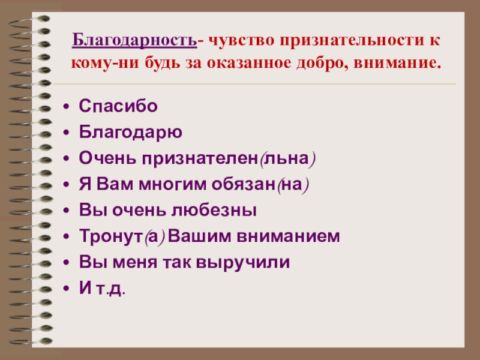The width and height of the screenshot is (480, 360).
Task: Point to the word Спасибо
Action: [118, 106]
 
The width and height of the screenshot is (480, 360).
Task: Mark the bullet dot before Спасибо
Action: [67, 107]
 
